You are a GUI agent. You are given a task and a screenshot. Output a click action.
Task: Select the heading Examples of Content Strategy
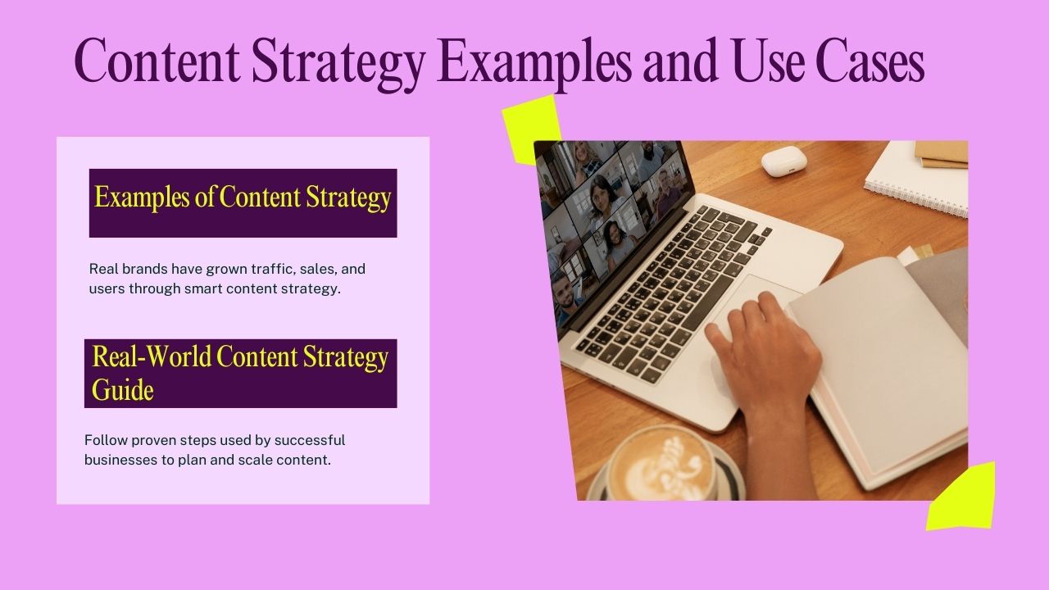(x=243, y=198)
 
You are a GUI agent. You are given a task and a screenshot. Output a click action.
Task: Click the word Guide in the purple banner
(x=123, y=389)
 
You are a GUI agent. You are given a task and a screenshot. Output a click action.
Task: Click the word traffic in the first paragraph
(x=247, y=269)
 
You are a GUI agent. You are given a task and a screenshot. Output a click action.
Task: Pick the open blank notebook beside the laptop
(x=877, y=361)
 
